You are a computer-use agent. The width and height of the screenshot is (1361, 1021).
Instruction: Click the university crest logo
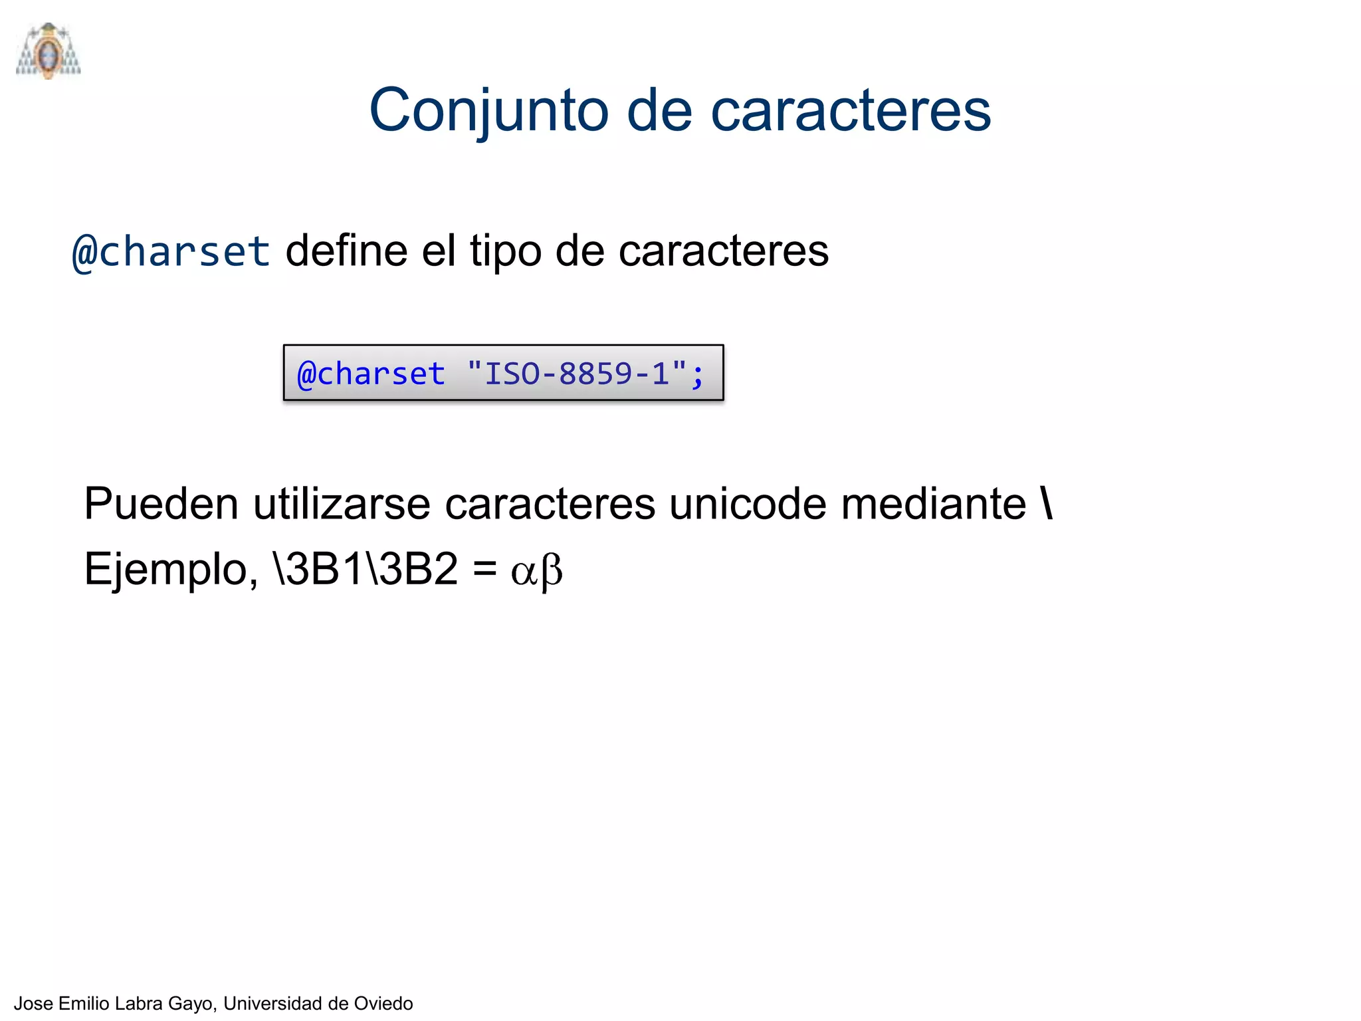(x=48, y=51)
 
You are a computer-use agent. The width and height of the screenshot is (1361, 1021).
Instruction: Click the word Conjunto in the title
(x=488, y=110)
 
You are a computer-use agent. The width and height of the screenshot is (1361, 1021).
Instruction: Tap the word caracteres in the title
(x=851, y=110)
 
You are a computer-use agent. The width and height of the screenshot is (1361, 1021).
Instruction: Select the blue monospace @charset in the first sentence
(x=171, y=252)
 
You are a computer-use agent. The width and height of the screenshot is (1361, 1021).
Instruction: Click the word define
(x=346, y=251)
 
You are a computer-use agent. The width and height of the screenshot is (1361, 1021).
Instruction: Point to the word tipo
(x=505, y=252)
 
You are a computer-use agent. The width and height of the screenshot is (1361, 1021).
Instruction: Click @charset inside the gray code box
(x=370, y=374)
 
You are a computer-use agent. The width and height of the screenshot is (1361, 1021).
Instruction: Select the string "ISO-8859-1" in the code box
(x=577, y=373)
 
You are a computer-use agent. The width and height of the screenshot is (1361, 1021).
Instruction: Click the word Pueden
(x=161, y=503)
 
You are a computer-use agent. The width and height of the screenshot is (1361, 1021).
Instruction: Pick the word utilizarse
(x=342, y=503)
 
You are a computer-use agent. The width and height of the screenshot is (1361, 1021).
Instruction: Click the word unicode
(x=747, y=503)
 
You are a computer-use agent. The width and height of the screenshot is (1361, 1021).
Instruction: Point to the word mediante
(x=933, y=503)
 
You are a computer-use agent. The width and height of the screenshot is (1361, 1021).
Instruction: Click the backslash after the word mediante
(x=1047, y=503)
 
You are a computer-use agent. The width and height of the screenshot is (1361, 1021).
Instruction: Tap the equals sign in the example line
(x=484, y=570)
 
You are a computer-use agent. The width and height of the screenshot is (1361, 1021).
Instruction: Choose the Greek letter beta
(x=552, y=572)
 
